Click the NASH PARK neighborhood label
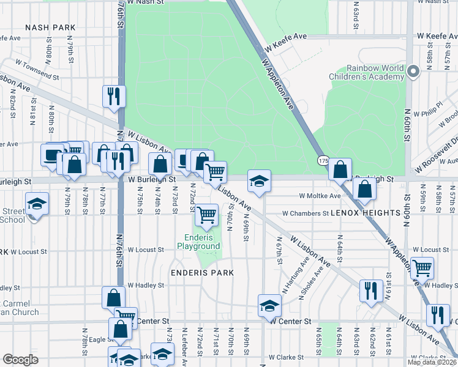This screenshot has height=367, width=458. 50,28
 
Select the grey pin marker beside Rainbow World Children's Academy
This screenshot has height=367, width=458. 413,72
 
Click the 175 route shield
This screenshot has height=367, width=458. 323,160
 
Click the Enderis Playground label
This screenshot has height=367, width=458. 198,242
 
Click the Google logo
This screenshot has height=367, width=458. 21,360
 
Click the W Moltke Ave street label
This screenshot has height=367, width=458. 320,196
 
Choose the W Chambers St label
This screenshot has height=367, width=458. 306,213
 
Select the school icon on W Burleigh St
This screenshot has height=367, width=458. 259,180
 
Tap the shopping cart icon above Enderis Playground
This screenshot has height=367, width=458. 207,215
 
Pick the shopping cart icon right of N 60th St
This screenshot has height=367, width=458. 422,267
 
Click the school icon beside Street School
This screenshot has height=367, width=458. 37,203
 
